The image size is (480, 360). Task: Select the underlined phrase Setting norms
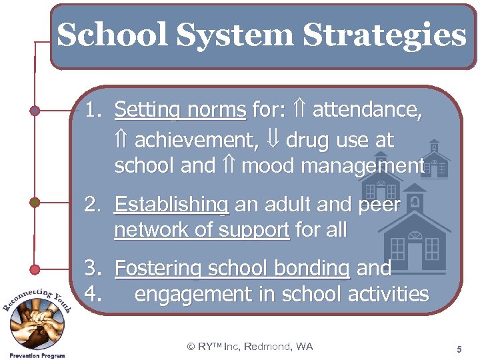point(180,109)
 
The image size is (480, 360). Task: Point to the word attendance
point(367,109)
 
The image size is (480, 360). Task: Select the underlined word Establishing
point(171,205)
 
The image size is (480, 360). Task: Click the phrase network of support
point(202,230)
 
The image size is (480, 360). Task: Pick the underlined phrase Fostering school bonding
point(232,269)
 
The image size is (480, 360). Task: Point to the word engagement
point(191,293)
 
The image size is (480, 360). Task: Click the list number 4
point(93,293)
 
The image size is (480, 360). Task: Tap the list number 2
point(93,205)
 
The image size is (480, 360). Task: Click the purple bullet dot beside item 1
point(35,110)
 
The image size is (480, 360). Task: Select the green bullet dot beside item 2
point(35,201)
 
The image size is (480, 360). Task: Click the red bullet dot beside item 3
point(35,269)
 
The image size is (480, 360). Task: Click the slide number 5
point(459,349)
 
